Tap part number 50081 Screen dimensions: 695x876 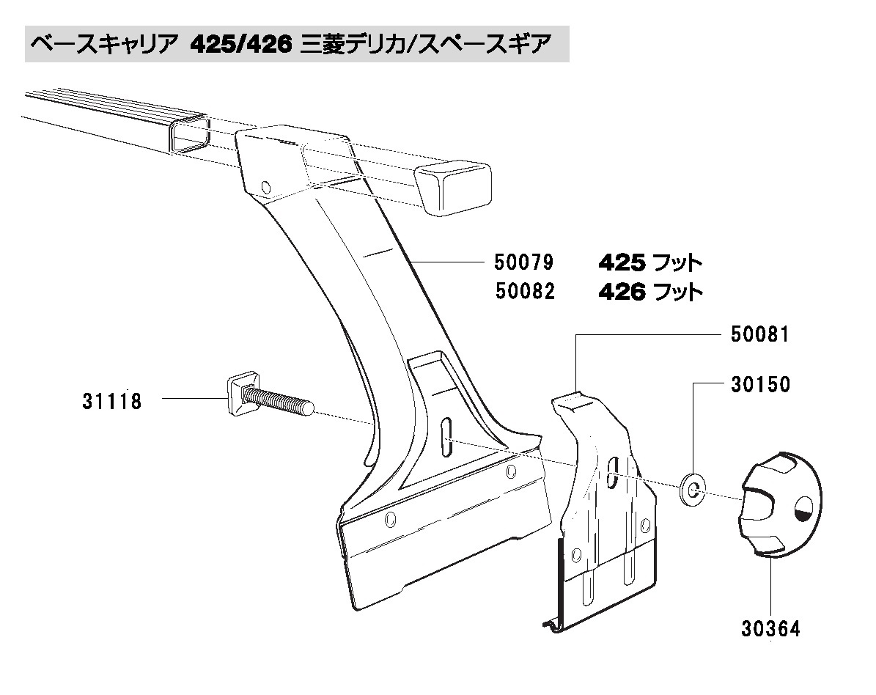(759, 335)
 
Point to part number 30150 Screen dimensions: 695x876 (759, 384)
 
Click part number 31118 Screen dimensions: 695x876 (112, 401)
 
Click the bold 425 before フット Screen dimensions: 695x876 (622, 262)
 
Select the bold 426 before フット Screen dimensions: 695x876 (622, 292)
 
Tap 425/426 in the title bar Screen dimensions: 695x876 (242, 45)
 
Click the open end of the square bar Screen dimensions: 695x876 (188, 136)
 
